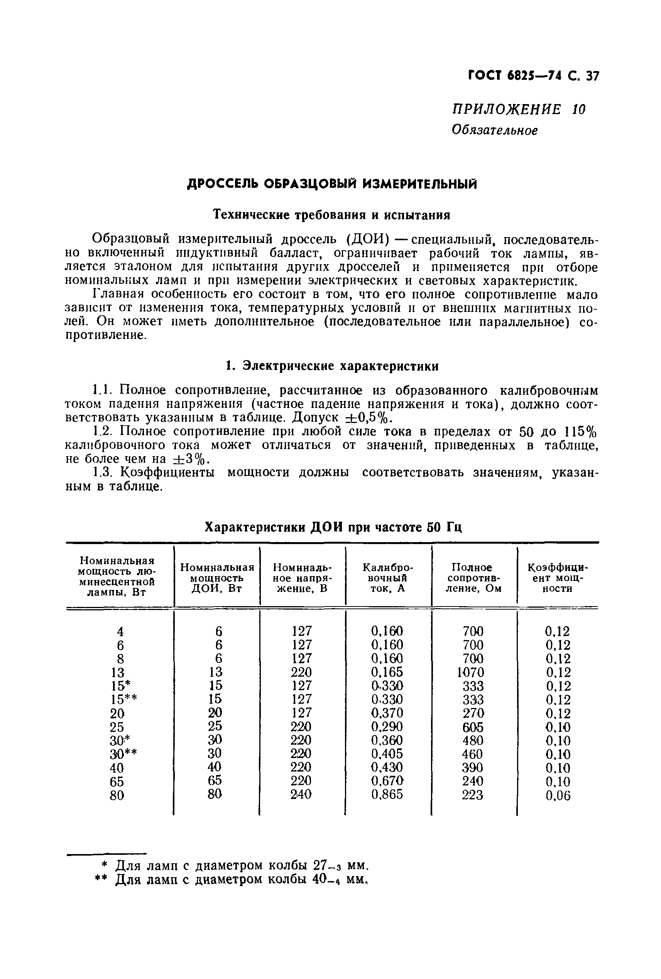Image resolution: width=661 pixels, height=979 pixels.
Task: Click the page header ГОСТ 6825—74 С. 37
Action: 533,76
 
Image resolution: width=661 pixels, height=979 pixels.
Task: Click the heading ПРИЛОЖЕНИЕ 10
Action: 519,110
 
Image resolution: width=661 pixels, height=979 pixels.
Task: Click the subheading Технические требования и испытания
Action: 332,215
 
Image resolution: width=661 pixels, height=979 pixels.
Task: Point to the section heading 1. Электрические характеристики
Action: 332,366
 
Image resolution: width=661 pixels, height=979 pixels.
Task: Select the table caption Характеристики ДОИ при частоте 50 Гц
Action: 333,527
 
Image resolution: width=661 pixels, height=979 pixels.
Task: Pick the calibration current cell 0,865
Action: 387,794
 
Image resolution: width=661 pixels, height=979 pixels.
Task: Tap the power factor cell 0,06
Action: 558,795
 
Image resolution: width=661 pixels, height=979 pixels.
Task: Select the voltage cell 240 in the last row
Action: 301,794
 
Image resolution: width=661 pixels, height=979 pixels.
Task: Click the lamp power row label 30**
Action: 123,754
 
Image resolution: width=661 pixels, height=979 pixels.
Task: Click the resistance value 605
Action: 473,727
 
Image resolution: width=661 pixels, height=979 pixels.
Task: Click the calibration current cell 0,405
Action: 387,754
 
